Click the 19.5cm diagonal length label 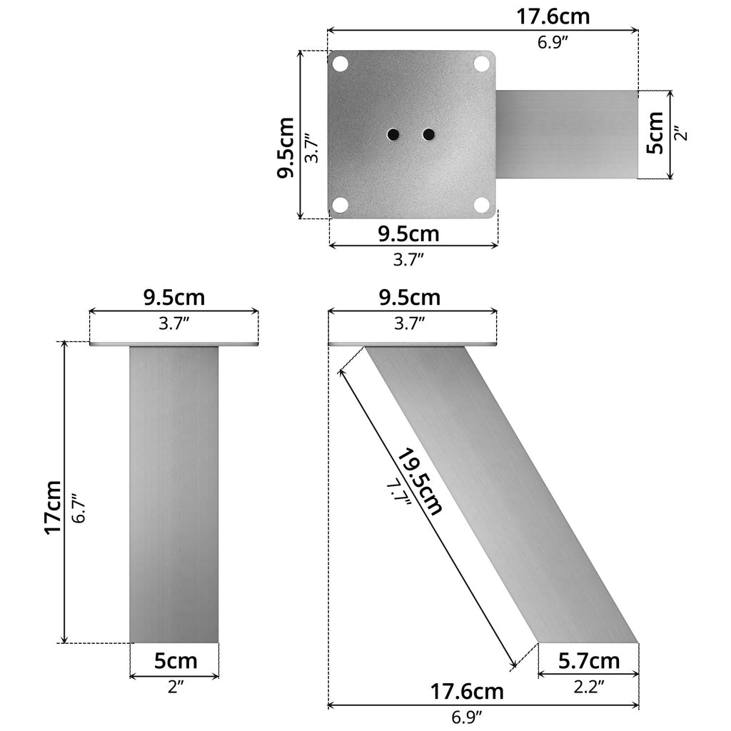[420, 482]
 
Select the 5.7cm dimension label [589, 662]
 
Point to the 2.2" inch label [589, 687]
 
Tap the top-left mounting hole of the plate [341, 64]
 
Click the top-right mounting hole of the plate [482, 64]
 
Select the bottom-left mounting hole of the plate [341, 205]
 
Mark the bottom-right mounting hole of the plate [482, 205]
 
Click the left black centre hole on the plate [393, 134]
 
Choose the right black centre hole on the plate [428, 134]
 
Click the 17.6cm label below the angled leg [467, 692]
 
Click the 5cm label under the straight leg [176, 661]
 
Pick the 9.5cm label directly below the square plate [409, 233]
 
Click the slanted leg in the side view [500, 493]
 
